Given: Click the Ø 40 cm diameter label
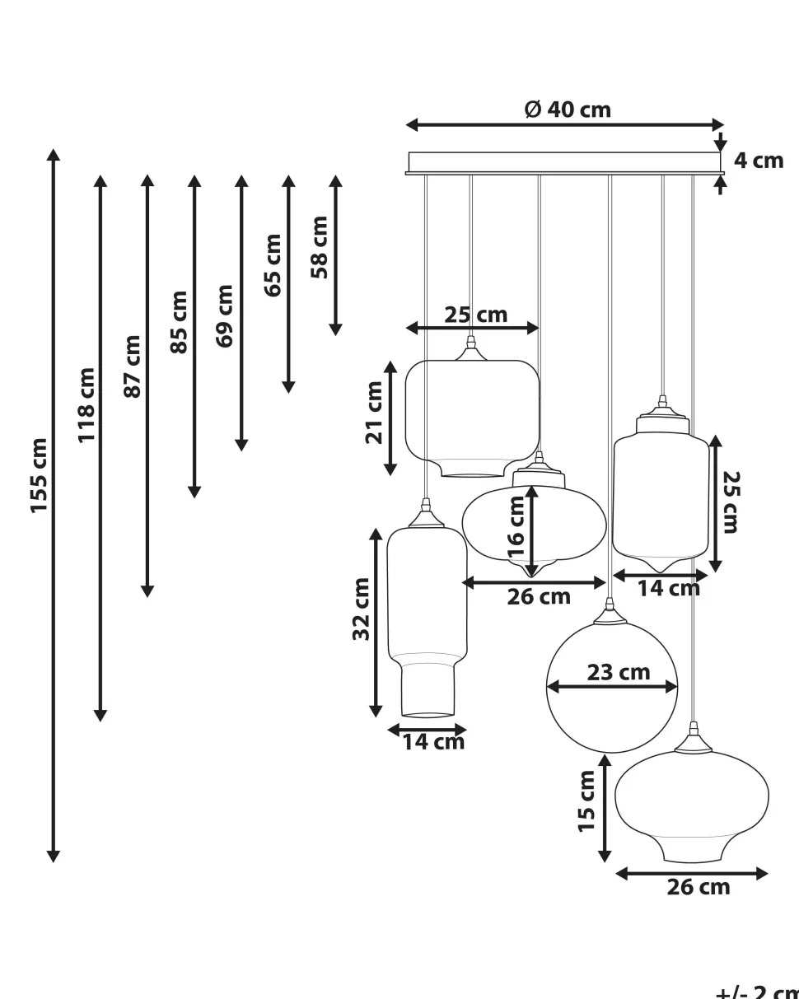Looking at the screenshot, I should (568, 110).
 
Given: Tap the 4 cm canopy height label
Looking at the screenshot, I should (758, 161).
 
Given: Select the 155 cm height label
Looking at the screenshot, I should (40, 475).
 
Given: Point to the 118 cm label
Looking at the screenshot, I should (86, 404).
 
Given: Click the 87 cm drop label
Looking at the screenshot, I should (133, 366).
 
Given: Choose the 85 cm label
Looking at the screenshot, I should (180, 321).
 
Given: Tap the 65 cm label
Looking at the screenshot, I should (273, 264).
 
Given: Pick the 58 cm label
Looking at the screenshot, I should (320, 246).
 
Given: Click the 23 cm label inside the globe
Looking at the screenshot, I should (618, 672).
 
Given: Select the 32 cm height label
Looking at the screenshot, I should (362, 609).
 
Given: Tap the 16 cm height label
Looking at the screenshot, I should (516, 526).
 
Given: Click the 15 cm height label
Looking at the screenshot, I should (586, 801).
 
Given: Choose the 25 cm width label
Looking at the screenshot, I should (476, 315).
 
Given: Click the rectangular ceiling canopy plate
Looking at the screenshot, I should (564, 162).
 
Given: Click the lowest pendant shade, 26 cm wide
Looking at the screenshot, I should (692, 803).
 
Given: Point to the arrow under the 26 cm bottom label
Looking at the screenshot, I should (692, 873).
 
